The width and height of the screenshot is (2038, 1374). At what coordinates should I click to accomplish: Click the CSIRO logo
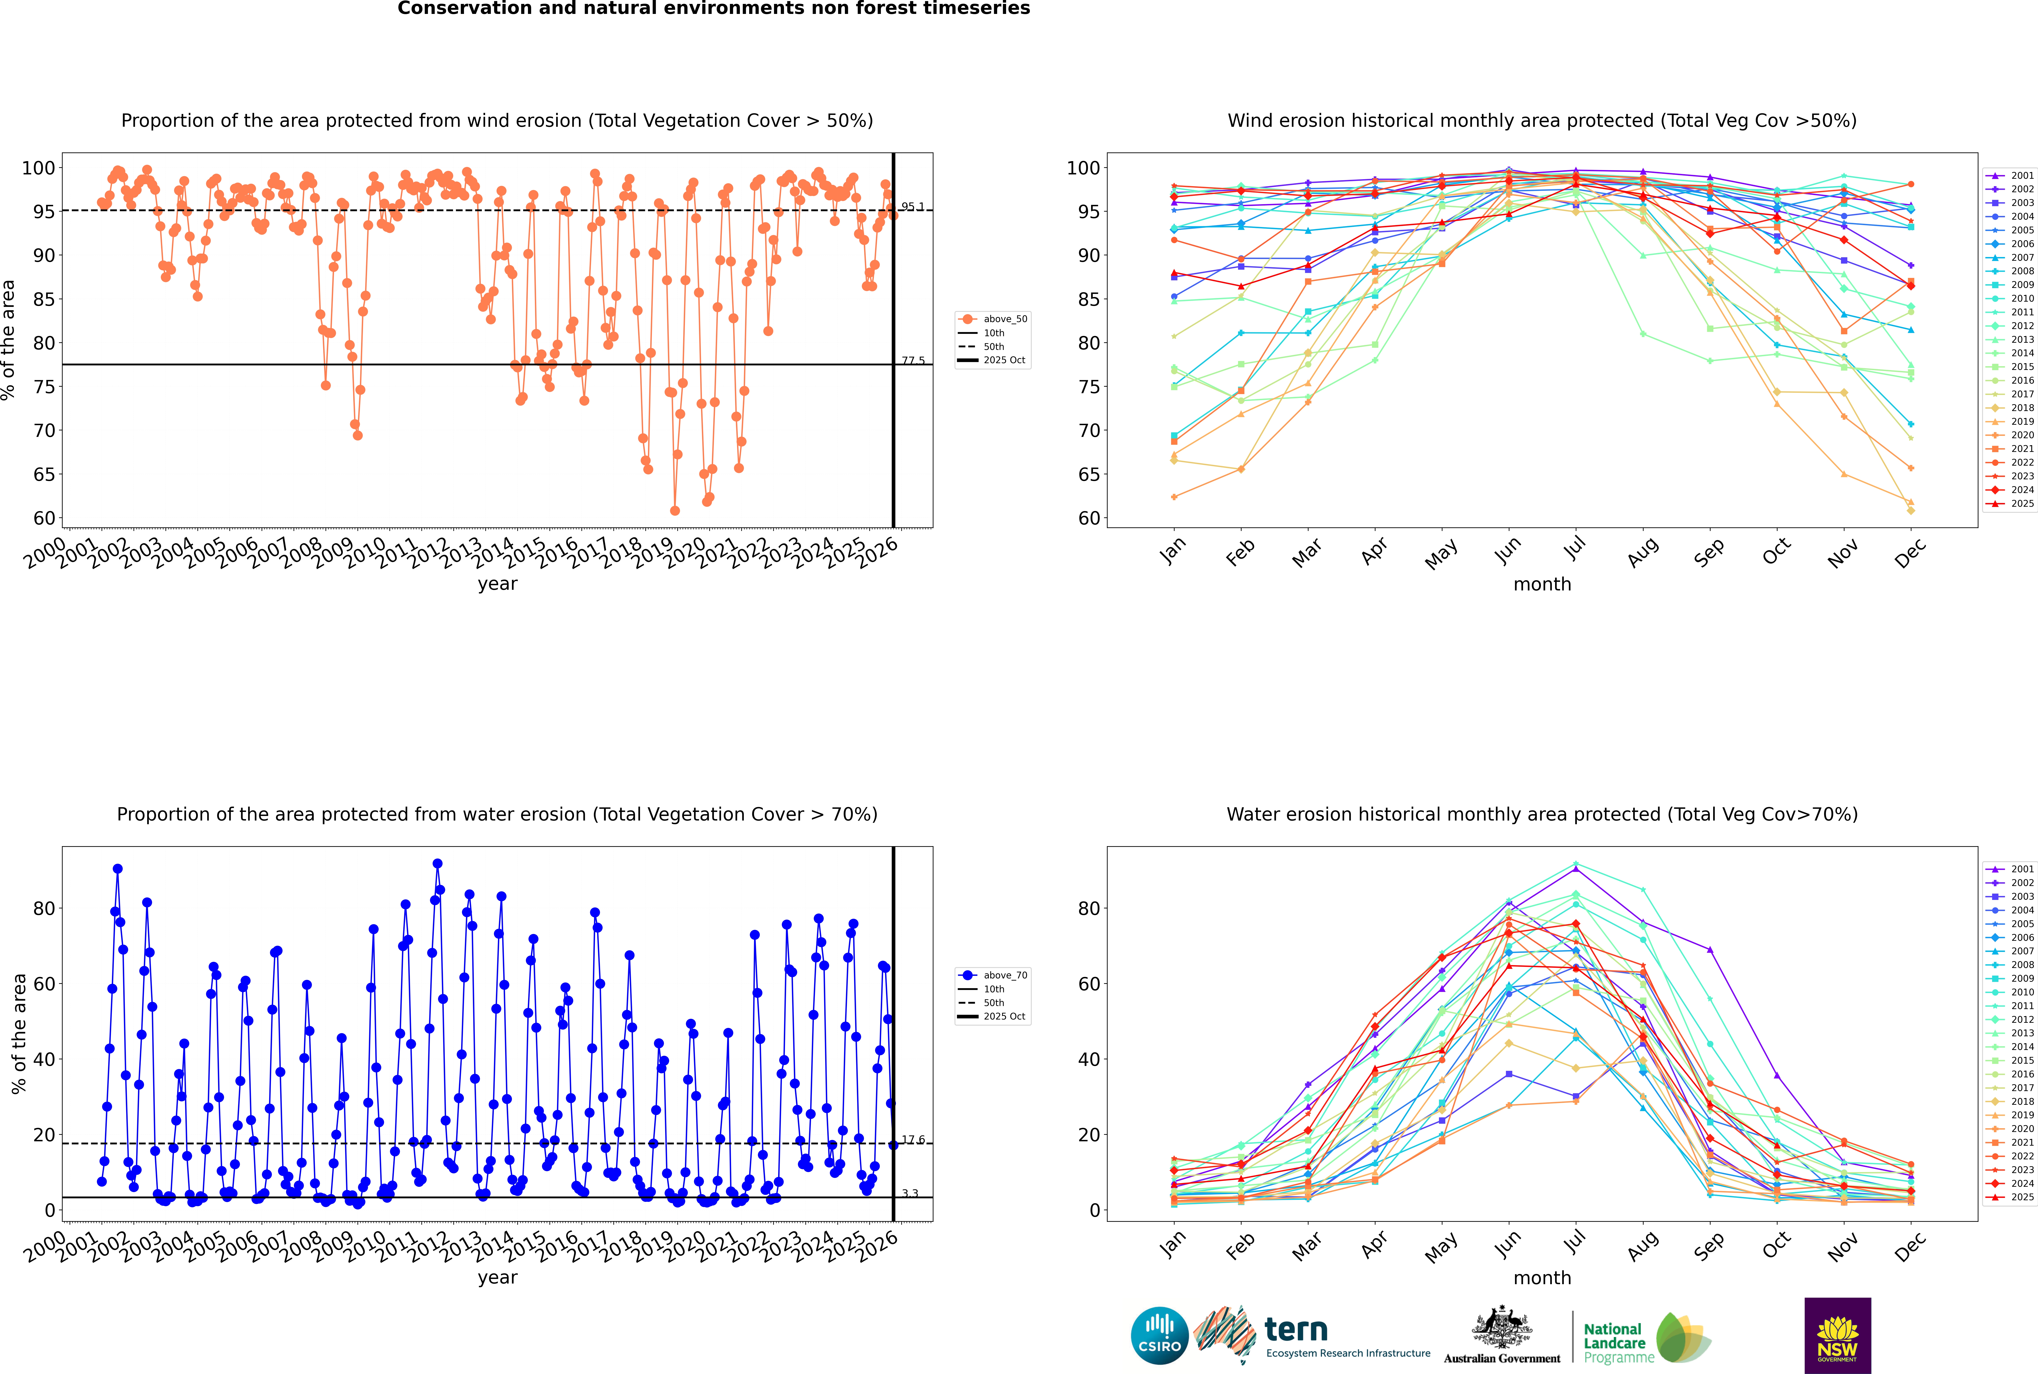click(1159, 1336)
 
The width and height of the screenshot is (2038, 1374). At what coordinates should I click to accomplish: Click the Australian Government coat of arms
click(1502, 1327)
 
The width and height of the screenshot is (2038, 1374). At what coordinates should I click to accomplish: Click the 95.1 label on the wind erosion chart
click(912, 207)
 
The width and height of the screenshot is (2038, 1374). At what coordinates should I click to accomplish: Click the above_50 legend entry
click(1004, 319)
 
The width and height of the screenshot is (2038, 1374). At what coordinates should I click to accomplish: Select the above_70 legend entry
click(1004, 975)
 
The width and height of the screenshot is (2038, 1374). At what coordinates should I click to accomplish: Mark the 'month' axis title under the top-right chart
click(1542, 585)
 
